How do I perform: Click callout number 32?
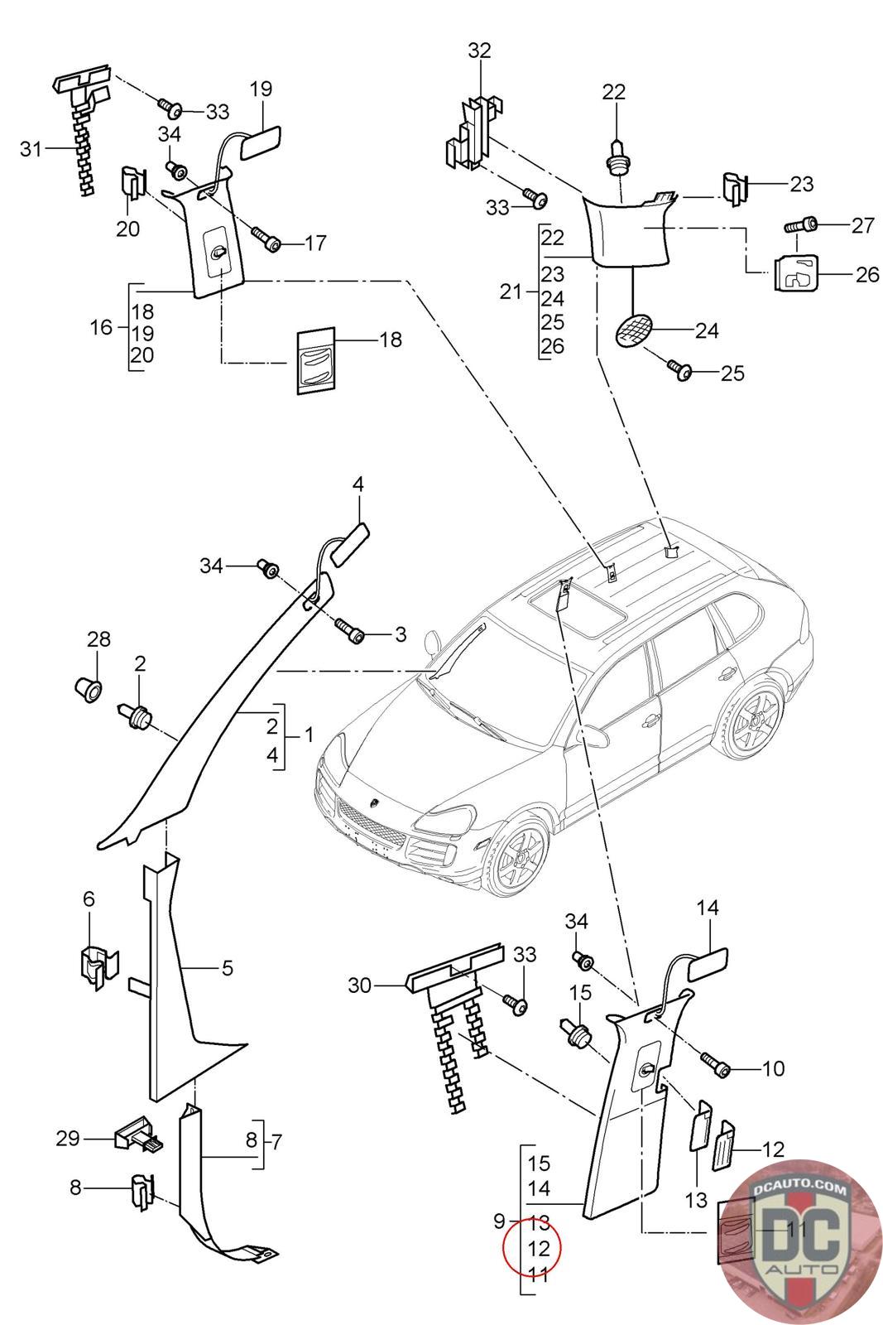pyautogui.click(x=479, y=51)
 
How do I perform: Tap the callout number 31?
pyautogui.click(x=31, y=149)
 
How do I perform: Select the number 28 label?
pyautogui.click(x=98, y=638)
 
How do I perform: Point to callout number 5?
pyautogui.click(x=228, y=967)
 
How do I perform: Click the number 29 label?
pyautogui.click(x=68, y=1139)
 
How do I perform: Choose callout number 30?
pyautogui.click(x=359, y=985)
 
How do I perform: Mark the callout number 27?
pyautogui.click(x=863, y=225)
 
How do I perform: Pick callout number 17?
pyautogui.click(x=315, y=243)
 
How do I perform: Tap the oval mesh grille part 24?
pyautogui.click(x=635, y=330)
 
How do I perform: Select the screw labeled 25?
pyautogui.click(x=684, y=372)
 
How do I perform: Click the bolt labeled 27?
pyautogui.click(x=800, y=225)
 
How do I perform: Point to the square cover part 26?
pyautogui.click(x=795, y=272)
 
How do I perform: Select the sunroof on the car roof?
pyautogui.click(x=564, y=611)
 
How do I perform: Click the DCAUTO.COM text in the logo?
pyautogui.click(x=799, y=1190)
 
